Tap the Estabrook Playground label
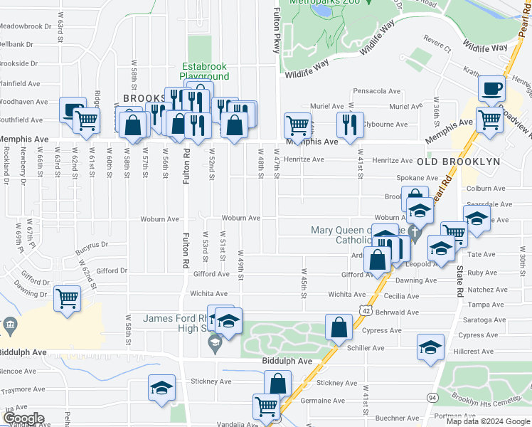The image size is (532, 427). pyautogui.click(x=204, y=71)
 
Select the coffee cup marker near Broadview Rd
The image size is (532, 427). pyautogui.click(x=491, y=90)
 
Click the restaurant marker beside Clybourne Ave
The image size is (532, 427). pyautogui.click(x=350, y=124)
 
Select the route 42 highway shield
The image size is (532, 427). pyautogui.click(x=365, y=311)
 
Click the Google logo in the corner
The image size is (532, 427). pyautogui.click(x=23, y=418)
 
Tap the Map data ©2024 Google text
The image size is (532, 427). pyautogui.click(x=488, y=421)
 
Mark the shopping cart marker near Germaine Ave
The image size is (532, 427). pyautogui.click(x=267, y=406)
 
